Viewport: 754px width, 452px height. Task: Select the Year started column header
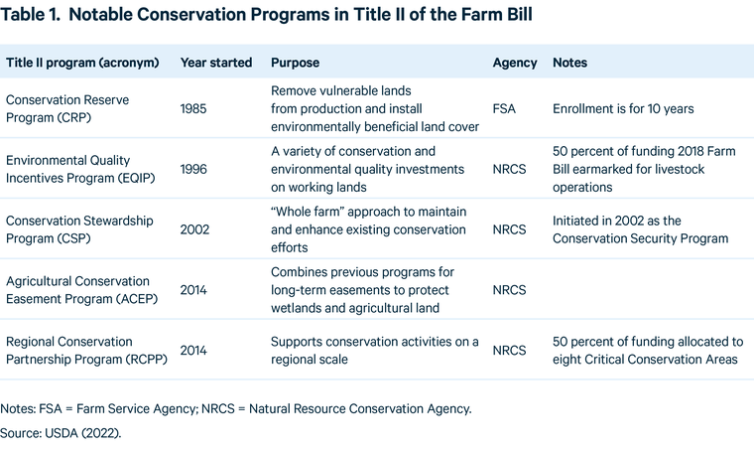(x=215, y=63)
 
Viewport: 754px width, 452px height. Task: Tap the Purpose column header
(x=295, y=63)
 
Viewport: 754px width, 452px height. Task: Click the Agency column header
(x=514, y=63)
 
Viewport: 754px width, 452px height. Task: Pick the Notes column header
(x=569, y=63)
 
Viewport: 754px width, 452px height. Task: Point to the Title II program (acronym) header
(x=82, y=63)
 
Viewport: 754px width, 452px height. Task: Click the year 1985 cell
(x=194, y=108)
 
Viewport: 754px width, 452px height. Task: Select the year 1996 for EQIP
(x=194, y=169)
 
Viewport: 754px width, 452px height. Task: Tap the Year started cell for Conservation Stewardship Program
(x=195, y=229)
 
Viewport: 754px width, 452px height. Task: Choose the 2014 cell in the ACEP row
(x=194, y=290)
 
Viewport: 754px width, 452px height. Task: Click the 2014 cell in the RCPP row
(x=194, y=351)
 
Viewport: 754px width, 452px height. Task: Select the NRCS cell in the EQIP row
(x=510, y=169)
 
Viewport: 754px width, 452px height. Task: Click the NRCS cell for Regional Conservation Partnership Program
(x=510, y=351)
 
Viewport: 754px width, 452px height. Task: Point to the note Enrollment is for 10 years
(x=622, y=108)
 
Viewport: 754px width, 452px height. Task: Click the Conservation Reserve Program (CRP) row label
(x=67, y=108)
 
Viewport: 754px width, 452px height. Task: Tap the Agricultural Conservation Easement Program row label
(x=78, y=290)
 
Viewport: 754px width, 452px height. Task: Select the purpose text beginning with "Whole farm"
(x=368, y=229)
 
